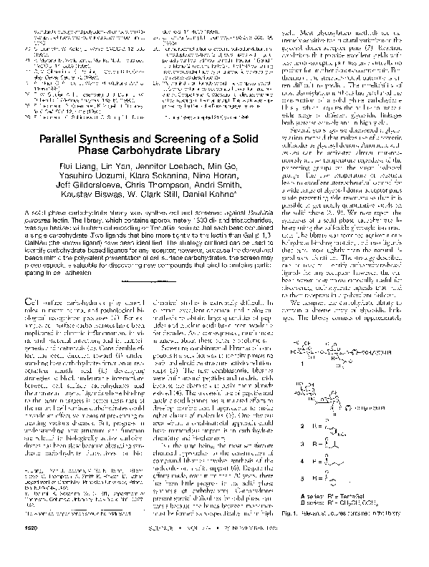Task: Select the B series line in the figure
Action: click(362, 523)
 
